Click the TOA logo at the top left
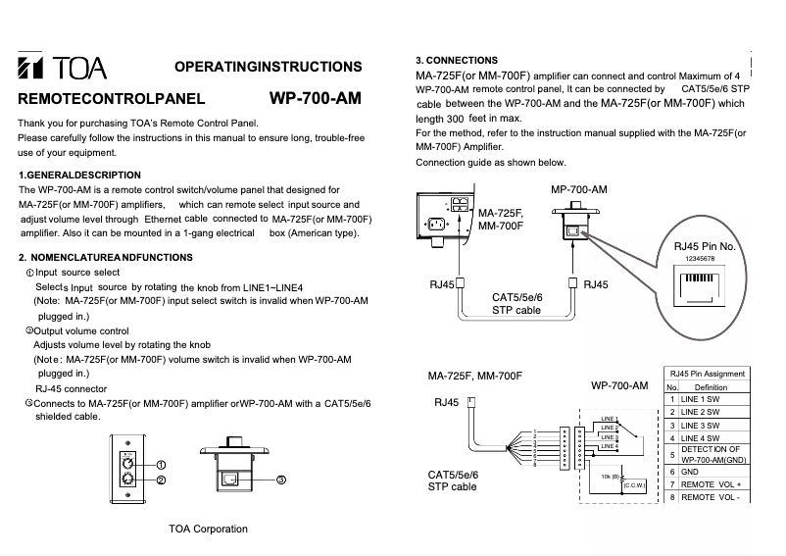click(x=63, y=70)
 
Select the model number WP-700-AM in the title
click(x=315, y=99)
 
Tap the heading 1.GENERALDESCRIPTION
click(x=80, y=175)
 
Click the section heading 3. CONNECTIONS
click(x=457, y=61)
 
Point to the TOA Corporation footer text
click(x=208, y=529)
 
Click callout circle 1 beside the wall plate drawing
click(x=161, y=464)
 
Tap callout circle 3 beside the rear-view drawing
click(x=280, y=480)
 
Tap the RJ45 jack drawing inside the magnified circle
click(x=697, y=283)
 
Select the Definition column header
click(x=704, y=386)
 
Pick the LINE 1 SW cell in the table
click(x=701, y=399)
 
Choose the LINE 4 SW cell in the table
click(x=701, y=437)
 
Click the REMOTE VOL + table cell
click(x=712, y=484)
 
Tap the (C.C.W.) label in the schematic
click(x=635, y=485)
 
